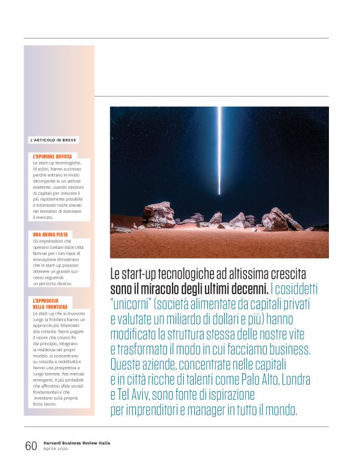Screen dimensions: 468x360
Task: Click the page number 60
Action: pyautogui.click(x=30, y=446)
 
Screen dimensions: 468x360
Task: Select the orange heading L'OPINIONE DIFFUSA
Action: pyautogui.click(x=52, y=156)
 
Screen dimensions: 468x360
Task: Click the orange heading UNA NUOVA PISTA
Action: pyautogui.click(x=50, y=235)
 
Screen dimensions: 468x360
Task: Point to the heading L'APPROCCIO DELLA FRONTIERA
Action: pyautogui.click(x=50, y=304)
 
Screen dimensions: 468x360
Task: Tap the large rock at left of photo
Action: pyautogui.click(x=159, y=215)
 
